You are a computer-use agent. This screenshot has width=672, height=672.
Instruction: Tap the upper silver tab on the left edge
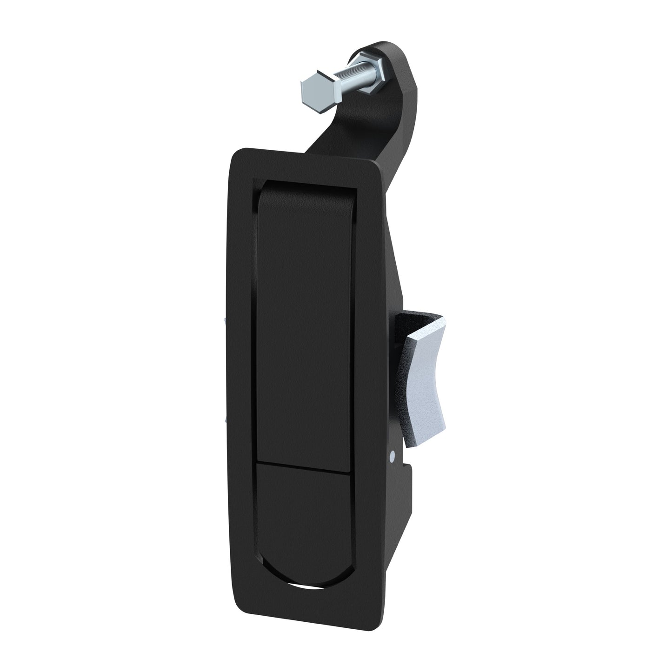(x=225, y=320)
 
